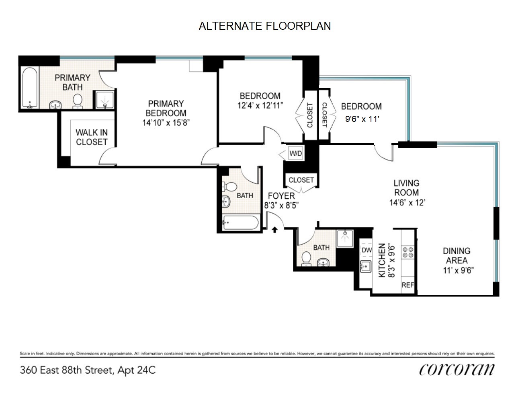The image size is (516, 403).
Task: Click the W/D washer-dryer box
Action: pyautogui.click(x=296, y=153)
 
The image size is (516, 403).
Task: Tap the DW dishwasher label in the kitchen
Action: pyautogui.click(x=367, y=250)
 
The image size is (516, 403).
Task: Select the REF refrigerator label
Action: pyautogui.click(x=408, y=285)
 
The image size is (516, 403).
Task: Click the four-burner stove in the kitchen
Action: pyautogui.click(x=408, y=252)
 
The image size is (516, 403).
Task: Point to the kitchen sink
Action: pyautogui.click(x=365, y=266)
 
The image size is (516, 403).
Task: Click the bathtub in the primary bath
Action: pyautogui.click(x=30, y=88)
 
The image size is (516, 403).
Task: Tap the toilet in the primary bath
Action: pyautogui.click(x=78, y=101)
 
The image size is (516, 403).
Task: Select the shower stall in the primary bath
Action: pyautogui.click(x=105, y=100)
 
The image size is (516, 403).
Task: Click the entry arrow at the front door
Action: pyautogui.click(x=275, y=230)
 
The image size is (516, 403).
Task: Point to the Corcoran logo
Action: pyautogui.click(x=457, y=370)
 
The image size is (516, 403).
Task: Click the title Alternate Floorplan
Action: pyautogui.click(x=265, y=26)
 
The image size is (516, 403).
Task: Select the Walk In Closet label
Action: pyautogui.click(x=92, y=137)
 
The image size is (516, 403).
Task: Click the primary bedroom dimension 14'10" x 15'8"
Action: pyautogui.click(x=166, y=123)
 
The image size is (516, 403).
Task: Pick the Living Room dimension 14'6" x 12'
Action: pyautogui.click(x=407, y=203)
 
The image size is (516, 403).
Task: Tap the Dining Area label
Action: pyautogui.click(x=457, y=256)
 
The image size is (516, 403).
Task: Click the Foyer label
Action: pyautogui.click(x=281, y=196)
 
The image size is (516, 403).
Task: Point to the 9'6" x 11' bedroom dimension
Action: pyautogui.click(x=362, y=119)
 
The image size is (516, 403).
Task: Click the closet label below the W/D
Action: pyautogui.click(x=301, y=180)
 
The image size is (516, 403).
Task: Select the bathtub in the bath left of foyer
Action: pyautogui.click(x=241, y=222)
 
